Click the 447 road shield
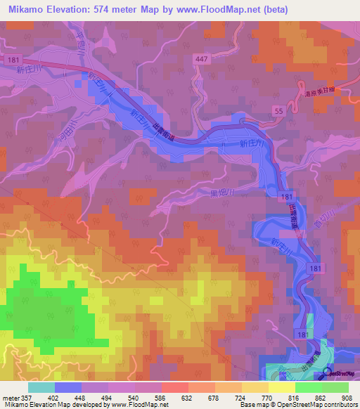tap(202, 60)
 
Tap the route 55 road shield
tap(280, 111)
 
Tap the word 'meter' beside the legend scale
tap(9, 397)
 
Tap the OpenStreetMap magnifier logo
tap(327, 375)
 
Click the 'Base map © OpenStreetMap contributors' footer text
tap(297, 405)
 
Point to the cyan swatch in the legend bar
tap(41, 387)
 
